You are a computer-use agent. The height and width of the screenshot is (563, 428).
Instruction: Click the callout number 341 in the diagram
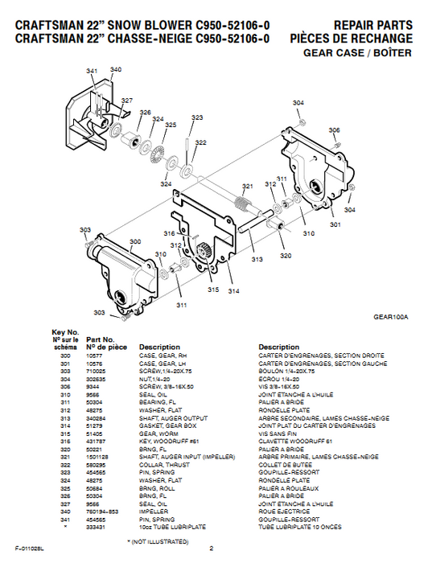(93, 72)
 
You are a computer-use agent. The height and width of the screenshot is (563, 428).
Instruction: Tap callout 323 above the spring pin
(197, 117)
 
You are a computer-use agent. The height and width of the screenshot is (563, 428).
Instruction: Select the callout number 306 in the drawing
(333, 130)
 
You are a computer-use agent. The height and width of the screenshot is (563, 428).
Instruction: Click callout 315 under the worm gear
(213, 290)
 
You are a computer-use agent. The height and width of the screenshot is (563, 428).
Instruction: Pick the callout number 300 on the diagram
(134, 241)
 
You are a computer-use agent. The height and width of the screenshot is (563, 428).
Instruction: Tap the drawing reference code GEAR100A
(392, 317)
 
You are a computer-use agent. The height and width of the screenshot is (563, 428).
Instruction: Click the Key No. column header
(64, 331)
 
